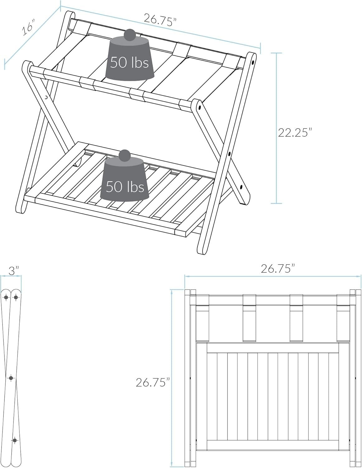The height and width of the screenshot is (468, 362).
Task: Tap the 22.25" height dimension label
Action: (x=295, y=133)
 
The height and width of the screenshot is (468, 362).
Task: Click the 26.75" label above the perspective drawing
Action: (x=160, y=19)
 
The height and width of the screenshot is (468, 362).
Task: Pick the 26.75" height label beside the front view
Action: (x=153, y=382)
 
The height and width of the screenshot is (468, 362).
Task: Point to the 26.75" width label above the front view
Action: (x=278, y=268)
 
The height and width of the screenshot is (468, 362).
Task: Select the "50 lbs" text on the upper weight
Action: (x=129, y=63)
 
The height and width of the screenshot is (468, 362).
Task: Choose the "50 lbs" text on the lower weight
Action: (x=125, y=186)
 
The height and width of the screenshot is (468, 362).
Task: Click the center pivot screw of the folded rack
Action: (x=11, y=378)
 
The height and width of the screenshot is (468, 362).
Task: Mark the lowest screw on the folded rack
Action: (x=14, y=440)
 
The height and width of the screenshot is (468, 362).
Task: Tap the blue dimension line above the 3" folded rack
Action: (x=11, y=276)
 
